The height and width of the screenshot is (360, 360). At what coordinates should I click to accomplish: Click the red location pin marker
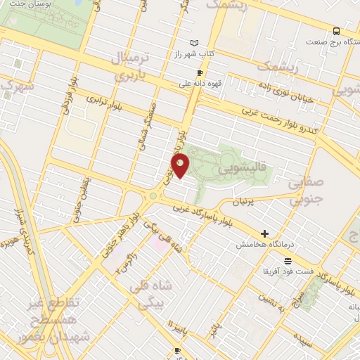point(181,165)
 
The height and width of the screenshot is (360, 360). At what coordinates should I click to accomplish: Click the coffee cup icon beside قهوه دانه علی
point(200,72)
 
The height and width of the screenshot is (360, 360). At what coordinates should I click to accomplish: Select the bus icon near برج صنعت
point(337,31)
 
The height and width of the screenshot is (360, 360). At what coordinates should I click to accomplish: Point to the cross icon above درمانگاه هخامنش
point(264,233)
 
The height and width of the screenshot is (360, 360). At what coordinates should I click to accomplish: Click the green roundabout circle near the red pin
point(153,196)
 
